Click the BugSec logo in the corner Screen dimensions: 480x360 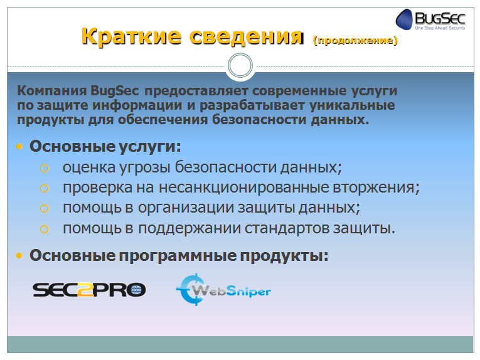pyautogui.click(x=430, y=19)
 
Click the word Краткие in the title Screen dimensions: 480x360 pyautogui.click(x=132, y=36)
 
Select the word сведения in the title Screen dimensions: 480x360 pyautogui.click(x=247, y=37)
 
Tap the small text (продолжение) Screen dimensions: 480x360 pyautogui.click(x=355, y=40)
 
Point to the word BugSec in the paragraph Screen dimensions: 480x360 pyautogui.click(x=114, y=91)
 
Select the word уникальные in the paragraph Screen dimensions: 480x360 pyautogui.click(x=352, y=105)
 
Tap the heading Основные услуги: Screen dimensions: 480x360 pyautogui.click(x=105, y=146)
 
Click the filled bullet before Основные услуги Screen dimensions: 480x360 pyautogui.click(x=19, y=147)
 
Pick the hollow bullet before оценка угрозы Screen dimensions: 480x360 pyautogui.click(x=45, y=168)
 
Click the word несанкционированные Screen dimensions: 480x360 pyautogui.click(x=243, y=187)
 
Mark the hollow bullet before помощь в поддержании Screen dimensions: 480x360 pyautogui.click(x=45, y=229)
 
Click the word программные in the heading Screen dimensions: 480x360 pyautogui.click(x=178, y=256)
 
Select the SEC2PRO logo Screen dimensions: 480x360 pyautogui.click(x=89, y=290)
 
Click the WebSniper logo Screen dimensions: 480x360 pyautogui.click(x=223, y=290)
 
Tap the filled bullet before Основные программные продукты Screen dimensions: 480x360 pyautogui.click(x=19, y=255)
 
